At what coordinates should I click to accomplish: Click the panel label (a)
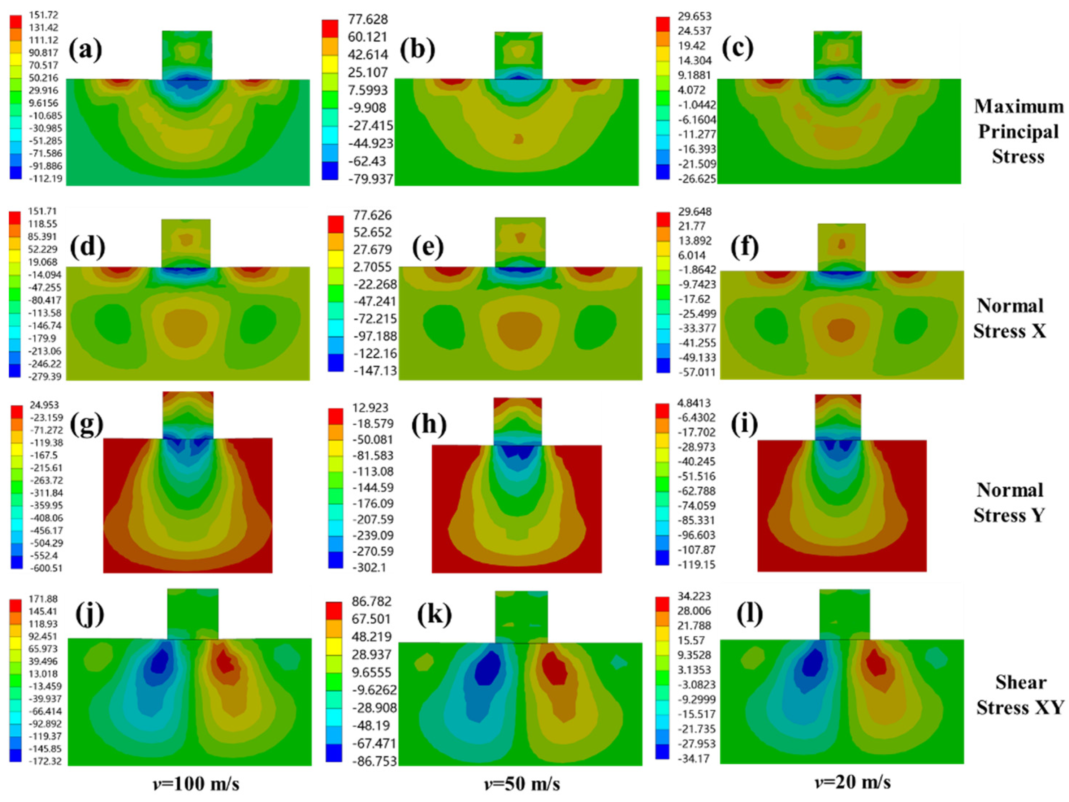(85, 49)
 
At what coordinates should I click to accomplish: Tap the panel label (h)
(429, 424)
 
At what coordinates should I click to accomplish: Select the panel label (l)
(749, 614)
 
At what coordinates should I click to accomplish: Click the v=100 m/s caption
(196, 783)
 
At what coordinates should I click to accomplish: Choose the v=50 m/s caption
(522, 783)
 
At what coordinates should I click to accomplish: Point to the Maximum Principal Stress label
(1018, 131)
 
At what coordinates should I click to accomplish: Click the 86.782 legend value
(372, 601)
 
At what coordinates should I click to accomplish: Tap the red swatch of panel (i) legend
(662, 411)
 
